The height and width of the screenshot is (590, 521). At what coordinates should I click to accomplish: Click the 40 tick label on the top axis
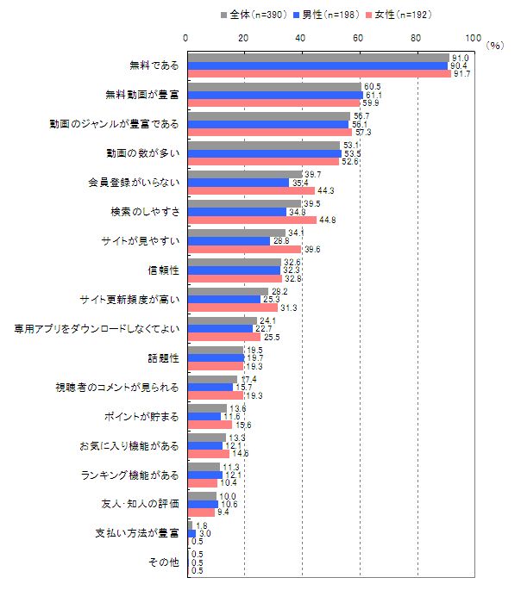[x=301, y=38]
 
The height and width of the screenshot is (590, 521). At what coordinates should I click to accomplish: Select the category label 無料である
[x=154, y=65]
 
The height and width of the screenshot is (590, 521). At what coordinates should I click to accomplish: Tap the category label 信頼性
[x=165, y=270]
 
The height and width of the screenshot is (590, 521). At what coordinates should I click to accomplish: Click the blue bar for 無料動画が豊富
[x=274, y=95]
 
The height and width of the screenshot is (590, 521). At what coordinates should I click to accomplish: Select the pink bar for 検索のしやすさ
[x=251, y=220]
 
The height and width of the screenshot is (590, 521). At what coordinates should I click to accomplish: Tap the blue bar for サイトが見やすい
[x=228, y=240]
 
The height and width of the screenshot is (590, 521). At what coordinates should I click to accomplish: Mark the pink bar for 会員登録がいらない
[x=250, y=190]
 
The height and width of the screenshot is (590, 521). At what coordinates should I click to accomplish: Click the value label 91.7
[x=461, y=74]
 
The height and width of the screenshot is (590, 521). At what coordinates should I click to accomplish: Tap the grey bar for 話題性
[x=215, y=350]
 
